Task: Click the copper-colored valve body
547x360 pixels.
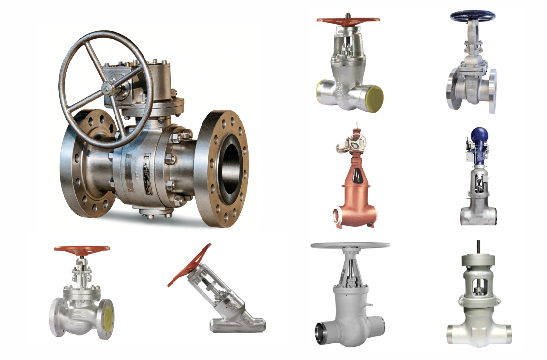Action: [x=355, y=197]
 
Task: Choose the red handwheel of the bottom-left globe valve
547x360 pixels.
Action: [x=82, y=249]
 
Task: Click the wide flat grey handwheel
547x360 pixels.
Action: [x=350, y=245]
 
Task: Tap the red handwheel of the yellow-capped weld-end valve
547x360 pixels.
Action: [x=348, y=21]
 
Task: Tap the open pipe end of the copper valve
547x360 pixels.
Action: [x=339, y=216]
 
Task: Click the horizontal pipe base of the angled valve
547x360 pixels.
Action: [x=238, y=325]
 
